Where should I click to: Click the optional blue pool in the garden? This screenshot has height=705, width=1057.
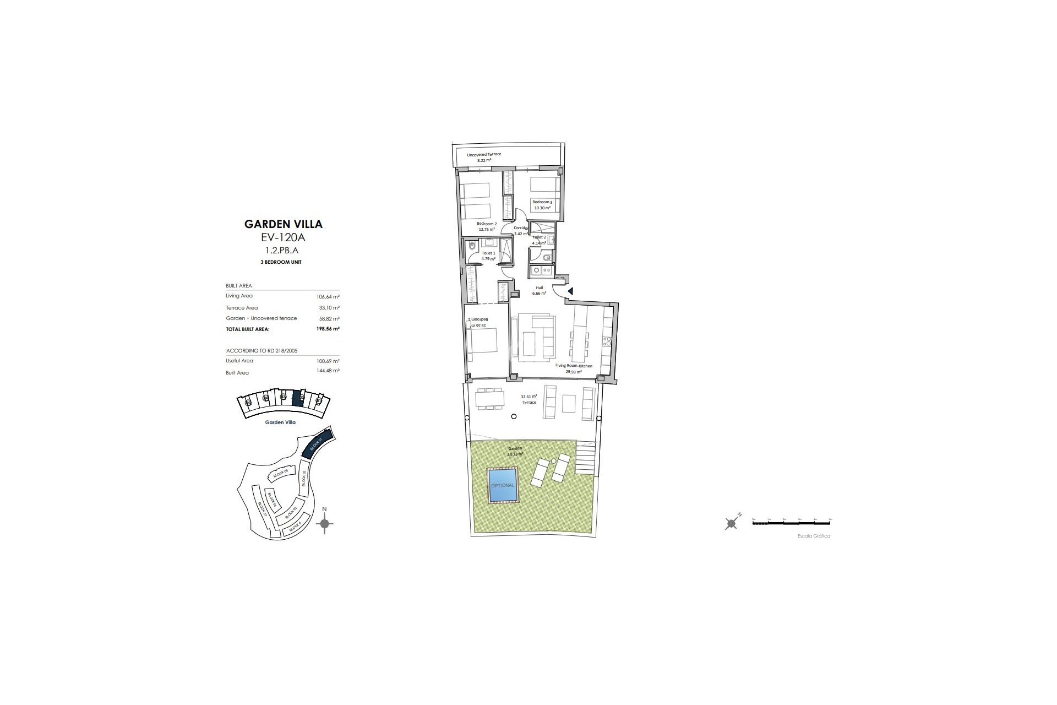point(503,485)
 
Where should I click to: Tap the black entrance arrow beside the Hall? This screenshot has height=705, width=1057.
point(570,291)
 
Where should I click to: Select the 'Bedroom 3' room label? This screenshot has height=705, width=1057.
point(542,203)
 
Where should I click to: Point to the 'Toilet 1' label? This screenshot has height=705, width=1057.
point(488,253)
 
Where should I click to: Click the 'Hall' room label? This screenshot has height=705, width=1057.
point(539,288)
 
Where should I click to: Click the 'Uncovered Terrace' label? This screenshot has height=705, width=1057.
point(484,154)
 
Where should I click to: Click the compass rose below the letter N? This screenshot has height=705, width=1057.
point(325,523)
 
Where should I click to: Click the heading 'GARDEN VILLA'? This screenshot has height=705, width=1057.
point(283,224)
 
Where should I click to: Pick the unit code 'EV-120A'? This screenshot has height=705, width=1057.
point(283,238)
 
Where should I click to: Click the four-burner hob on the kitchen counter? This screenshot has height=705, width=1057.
point(607,341)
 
